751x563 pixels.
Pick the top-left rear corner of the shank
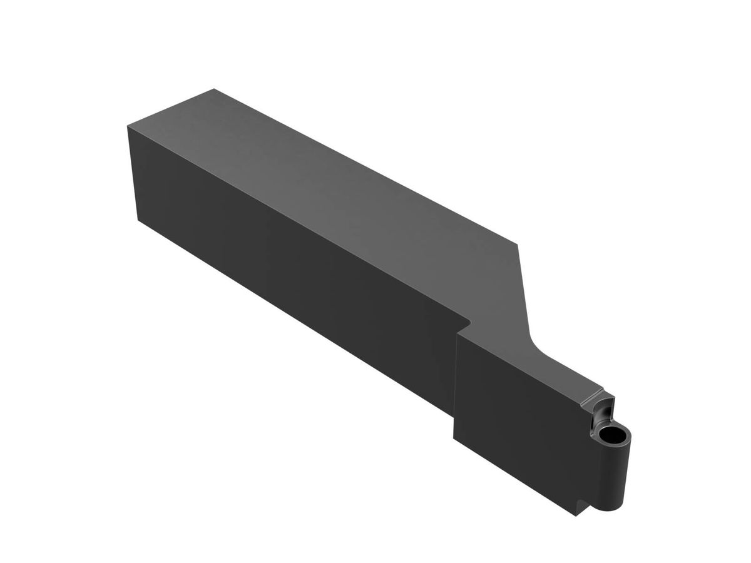tap(127, 128)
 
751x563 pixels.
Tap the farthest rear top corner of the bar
tap(214, 89)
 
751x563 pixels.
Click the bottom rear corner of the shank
tap(138, 220)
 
